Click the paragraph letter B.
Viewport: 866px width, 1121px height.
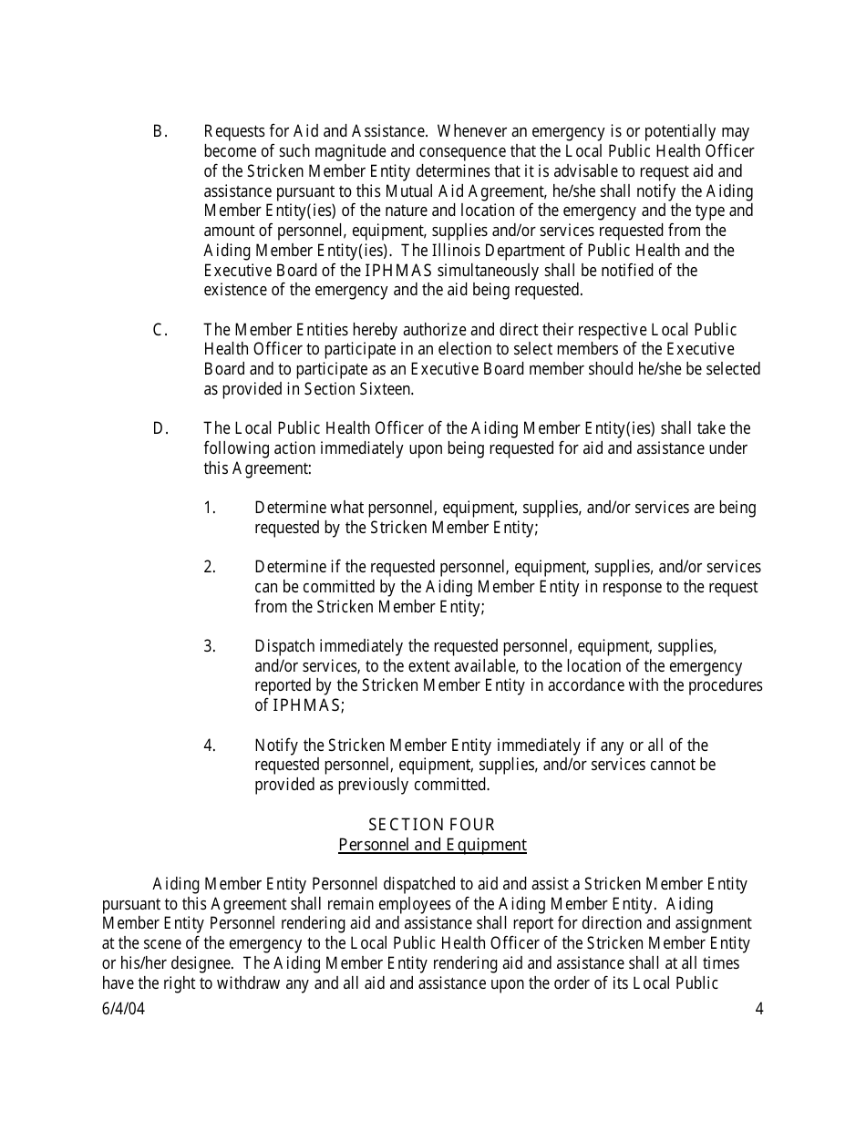160,132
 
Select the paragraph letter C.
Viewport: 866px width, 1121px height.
160,330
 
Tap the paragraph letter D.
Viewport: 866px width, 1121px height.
160,428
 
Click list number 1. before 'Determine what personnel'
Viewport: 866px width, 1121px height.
210,508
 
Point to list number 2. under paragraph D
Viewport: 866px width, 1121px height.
210,567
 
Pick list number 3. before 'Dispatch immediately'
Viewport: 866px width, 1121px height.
210,646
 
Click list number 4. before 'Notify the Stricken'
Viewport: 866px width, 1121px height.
210,746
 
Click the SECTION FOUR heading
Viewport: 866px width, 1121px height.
432,825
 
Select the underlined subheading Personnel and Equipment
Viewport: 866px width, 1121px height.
432,845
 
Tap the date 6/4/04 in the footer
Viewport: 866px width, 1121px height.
123,1009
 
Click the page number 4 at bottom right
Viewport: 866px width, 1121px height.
759,1009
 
